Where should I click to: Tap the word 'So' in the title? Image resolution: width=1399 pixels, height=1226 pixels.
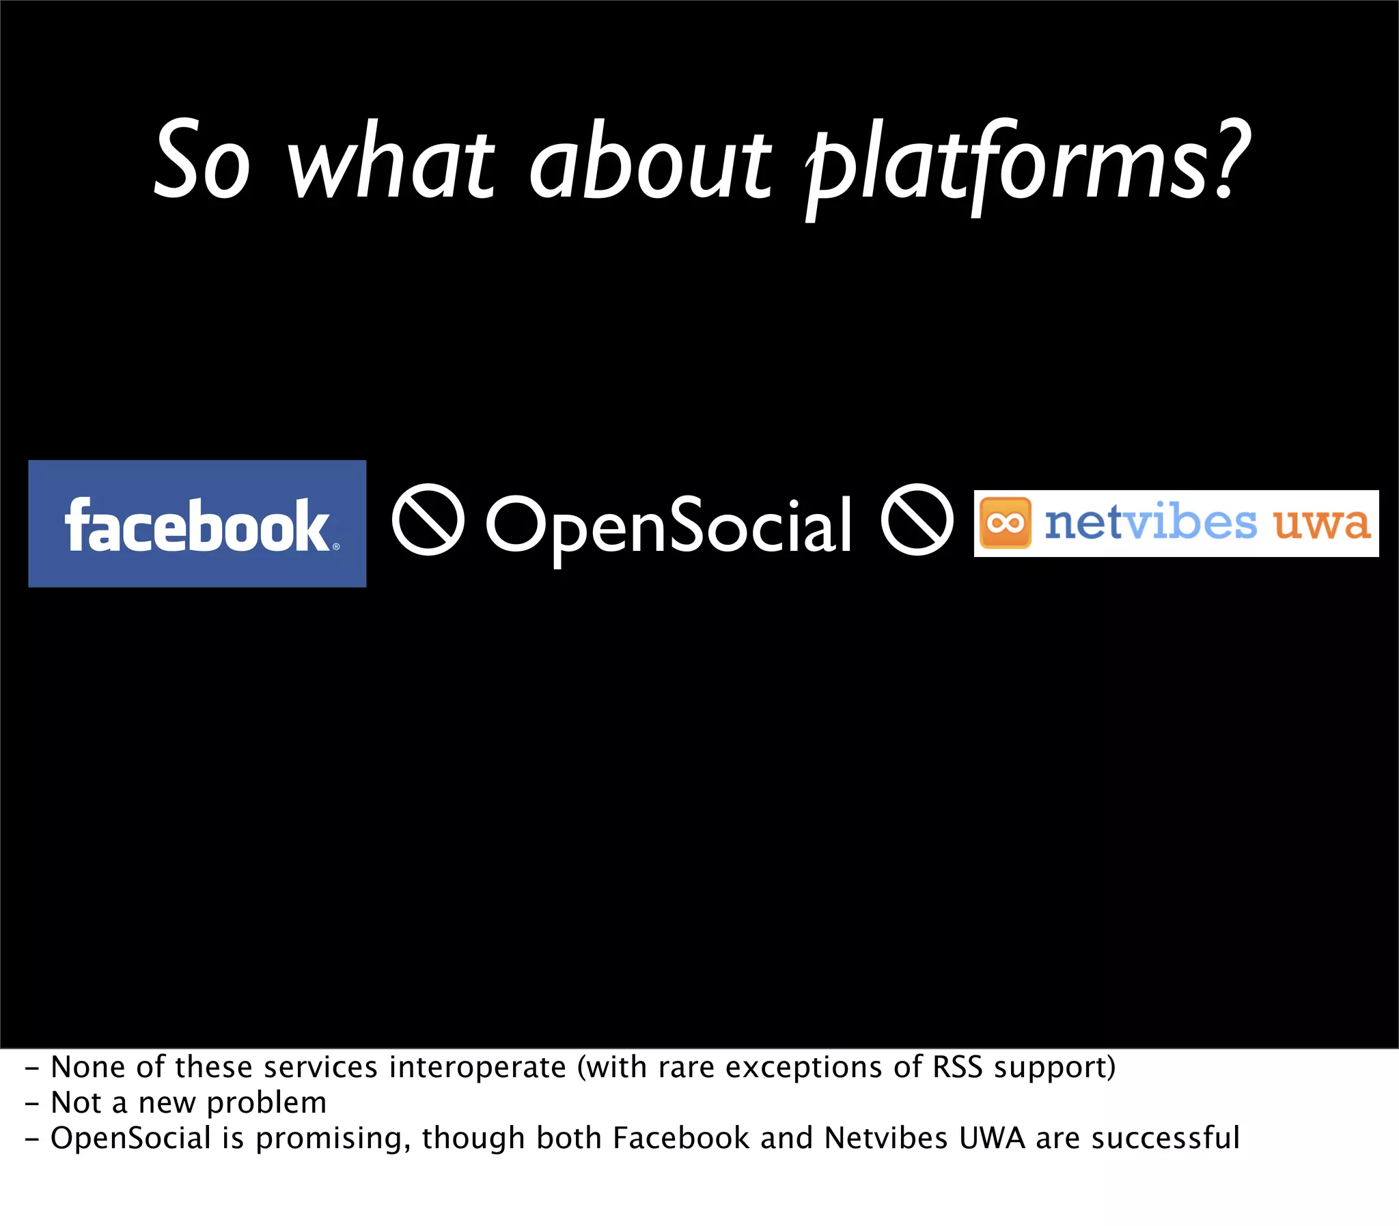202,161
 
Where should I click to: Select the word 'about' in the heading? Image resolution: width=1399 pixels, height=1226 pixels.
650,165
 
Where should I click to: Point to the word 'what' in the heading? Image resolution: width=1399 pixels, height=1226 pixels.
390,165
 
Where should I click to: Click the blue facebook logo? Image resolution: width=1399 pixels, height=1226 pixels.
197,524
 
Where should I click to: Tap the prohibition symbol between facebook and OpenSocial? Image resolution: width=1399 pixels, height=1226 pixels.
428,519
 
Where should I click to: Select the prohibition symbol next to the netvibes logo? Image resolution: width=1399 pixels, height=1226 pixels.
917,519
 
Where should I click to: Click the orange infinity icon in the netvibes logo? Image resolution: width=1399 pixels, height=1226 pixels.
1005,523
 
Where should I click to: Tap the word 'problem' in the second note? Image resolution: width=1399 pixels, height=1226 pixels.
266,1103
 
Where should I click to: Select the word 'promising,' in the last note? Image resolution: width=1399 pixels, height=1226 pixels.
333,1139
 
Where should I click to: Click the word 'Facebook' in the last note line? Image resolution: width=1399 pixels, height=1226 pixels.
680,1138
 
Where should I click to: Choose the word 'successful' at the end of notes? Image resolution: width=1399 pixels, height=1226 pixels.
1165,1138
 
